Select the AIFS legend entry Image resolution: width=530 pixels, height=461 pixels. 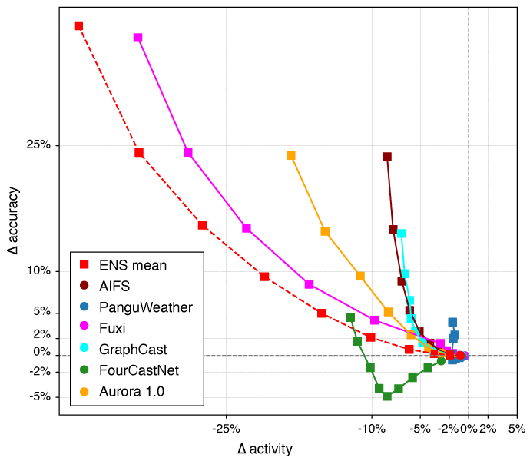[x=114, y=286]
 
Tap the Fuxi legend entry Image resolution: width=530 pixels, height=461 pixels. [x=111, y=328]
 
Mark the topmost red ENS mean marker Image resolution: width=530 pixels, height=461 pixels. [x=78, y=25]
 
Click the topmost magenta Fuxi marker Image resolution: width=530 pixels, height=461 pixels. [x=138, y=38]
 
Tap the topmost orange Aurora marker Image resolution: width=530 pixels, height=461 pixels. [x=291, y=155]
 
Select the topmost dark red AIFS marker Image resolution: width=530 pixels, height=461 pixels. [x=387, y=157]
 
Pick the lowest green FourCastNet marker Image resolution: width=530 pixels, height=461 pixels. [x=387, y=396]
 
